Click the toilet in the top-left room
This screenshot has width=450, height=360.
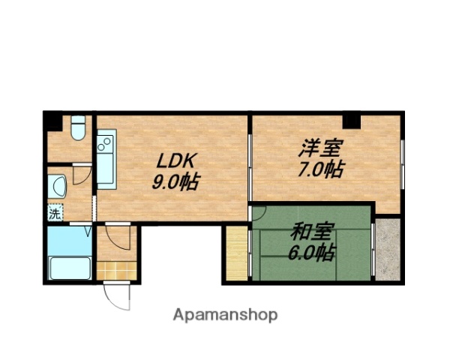(76, 129)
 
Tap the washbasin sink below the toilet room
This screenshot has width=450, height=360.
(57, 185)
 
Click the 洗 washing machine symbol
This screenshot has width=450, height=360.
(55, 213)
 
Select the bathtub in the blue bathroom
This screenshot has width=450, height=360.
(69, 268)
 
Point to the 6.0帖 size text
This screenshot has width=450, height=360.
(311, 253)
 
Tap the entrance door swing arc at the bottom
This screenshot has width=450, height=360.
(118, 296)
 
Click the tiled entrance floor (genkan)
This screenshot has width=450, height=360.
(115, 269)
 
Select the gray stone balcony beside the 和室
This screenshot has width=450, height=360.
(389, 247)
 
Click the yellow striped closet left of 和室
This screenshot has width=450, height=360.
(237, 253)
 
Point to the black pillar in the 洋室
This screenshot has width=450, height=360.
(351, 120)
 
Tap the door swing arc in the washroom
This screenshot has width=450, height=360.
(84, 175)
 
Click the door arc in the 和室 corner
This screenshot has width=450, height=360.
(258, 212)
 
